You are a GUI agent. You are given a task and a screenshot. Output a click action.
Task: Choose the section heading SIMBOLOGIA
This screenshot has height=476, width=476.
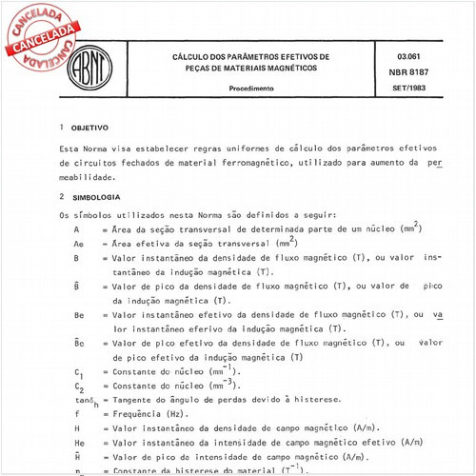[x=94, y=197]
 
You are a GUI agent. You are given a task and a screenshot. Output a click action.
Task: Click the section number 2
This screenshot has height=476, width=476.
[x=61, y=197]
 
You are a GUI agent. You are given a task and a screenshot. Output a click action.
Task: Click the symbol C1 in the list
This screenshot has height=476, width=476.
[x=78, y=370]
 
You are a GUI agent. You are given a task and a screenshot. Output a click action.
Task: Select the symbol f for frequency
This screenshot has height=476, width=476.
[x=76, y=416]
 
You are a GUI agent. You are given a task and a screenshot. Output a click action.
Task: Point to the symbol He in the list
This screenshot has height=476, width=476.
[x=78, y=445]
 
